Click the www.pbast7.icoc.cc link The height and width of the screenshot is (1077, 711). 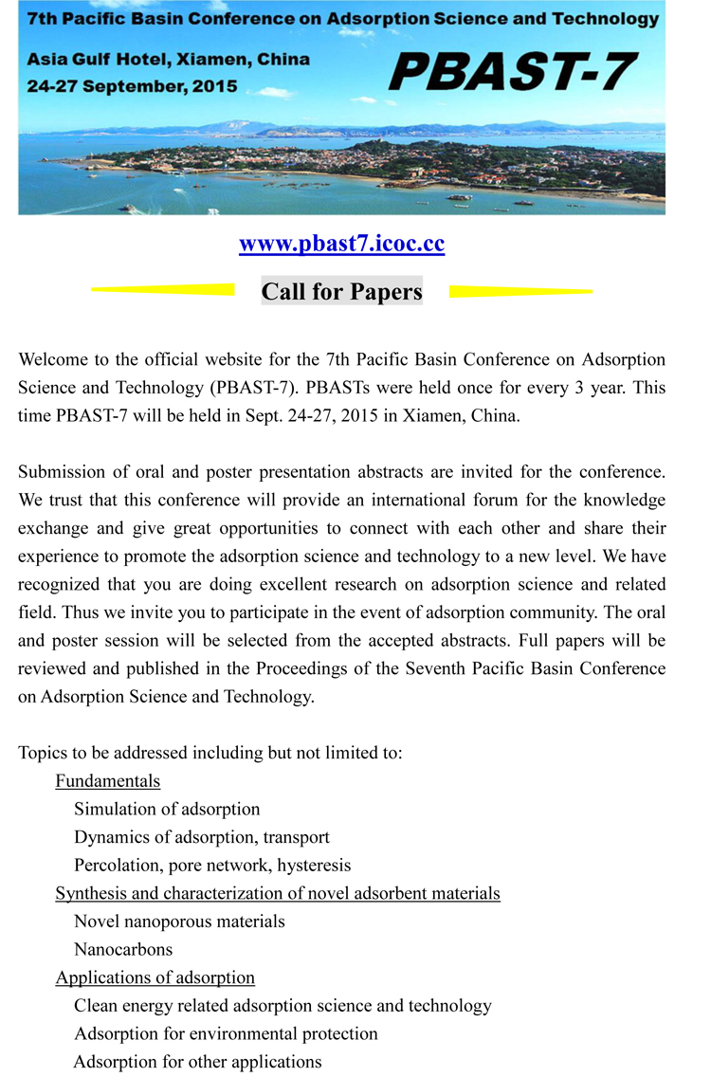[341, 245]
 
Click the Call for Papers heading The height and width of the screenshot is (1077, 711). [341, 291]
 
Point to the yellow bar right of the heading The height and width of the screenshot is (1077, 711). [520, 291]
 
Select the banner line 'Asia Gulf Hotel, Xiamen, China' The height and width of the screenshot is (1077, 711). [168, 59]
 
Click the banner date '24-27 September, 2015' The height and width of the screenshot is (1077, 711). [133, 84]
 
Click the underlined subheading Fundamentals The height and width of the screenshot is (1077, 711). [107, 781]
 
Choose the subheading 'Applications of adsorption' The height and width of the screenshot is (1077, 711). [155, 977]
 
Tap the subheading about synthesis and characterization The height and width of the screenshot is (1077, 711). [277, 893]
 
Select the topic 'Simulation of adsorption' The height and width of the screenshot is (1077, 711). [167, 809]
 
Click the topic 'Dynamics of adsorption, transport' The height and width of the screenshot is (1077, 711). [202, 837]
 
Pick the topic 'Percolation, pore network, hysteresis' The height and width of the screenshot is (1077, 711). [212, 865]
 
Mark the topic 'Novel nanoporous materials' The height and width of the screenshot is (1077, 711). [179, 922]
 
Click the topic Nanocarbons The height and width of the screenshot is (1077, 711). [123, 949]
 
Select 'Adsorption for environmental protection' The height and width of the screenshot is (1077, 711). [226, 1033]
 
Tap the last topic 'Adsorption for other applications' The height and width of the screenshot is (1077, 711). [197, 1062]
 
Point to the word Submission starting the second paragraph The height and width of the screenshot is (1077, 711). [58, 471]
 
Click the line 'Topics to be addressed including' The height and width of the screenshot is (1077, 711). [210, 753]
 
